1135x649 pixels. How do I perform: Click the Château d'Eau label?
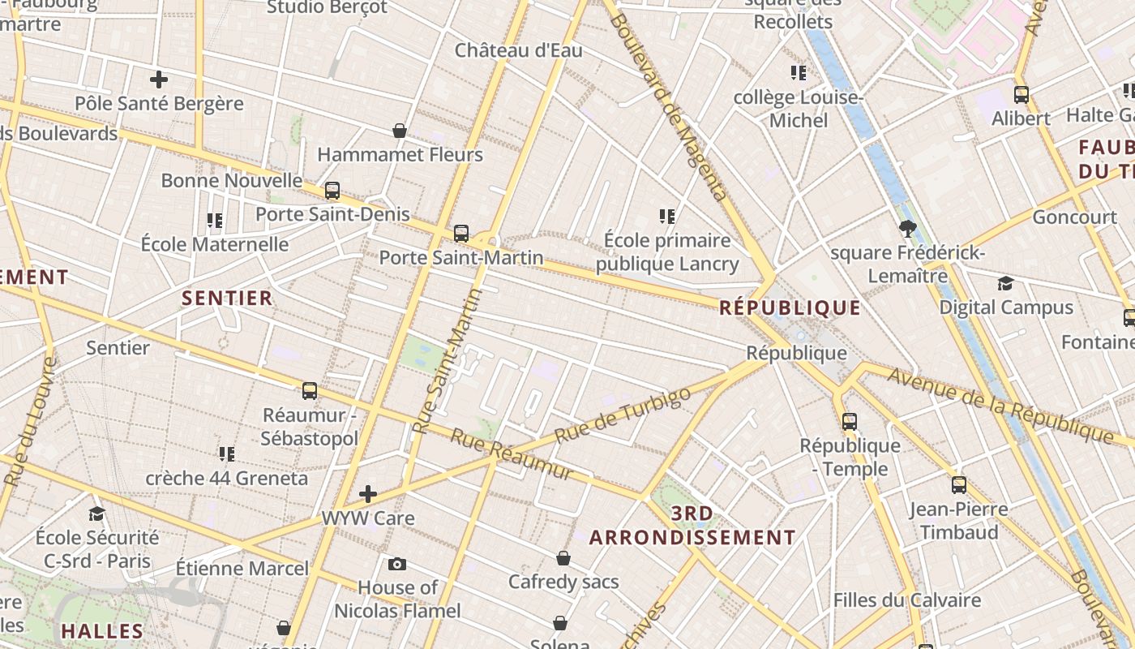518,50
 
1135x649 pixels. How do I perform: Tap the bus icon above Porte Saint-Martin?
461,233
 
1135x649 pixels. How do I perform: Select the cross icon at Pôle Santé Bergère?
159,80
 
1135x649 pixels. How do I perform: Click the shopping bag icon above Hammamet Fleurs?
400,131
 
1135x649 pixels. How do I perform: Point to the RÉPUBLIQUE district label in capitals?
790,308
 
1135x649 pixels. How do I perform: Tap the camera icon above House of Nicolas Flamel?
397,564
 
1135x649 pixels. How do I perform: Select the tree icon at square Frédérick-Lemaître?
908,229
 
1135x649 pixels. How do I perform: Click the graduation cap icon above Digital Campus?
1005,283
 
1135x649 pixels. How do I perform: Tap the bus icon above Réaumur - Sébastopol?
310,391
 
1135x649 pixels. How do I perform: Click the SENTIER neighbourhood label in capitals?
227,299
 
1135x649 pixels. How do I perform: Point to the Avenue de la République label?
1000,406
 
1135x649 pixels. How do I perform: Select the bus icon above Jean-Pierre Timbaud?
959,485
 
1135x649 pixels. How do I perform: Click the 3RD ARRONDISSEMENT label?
692,526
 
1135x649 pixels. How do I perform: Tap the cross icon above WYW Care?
368,493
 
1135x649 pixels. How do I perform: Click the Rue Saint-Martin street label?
447,361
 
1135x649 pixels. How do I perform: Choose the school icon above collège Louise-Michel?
799,73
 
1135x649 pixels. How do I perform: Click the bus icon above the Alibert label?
1021,94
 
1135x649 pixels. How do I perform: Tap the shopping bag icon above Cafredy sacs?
563,558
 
